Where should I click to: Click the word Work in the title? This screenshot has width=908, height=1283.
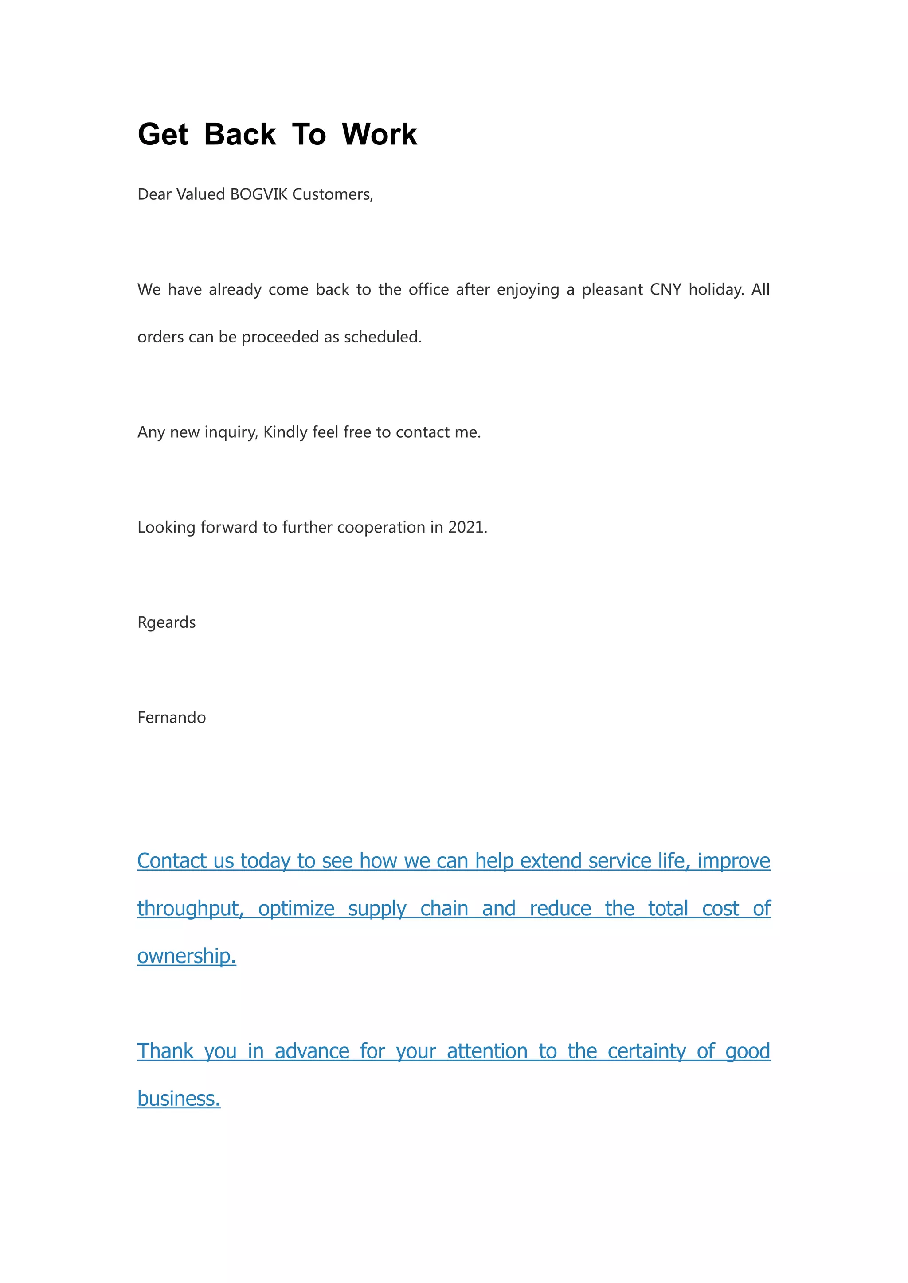tap(379, 135)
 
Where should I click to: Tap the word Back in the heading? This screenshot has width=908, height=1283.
tap(240, 135)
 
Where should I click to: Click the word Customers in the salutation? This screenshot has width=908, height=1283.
tap(332, 194)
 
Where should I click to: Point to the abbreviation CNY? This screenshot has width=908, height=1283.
tap(665, 289)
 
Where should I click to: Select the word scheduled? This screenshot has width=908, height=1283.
tap(382, 337)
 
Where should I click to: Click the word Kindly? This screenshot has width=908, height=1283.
tap(285, 432)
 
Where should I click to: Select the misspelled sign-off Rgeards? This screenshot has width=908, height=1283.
tap(167, 622)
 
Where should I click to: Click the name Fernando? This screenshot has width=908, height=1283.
tap(172, 718)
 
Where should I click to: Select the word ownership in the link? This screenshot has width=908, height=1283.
tap(186, 956)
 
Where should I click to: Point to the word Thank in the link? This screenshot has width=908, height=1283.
tap(165, 1051)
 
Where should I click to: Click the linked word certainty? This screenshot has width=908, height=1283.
tap(646, 1051)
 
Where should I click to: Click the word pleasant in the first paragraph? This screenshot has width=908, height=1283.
tap(612, 289)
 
